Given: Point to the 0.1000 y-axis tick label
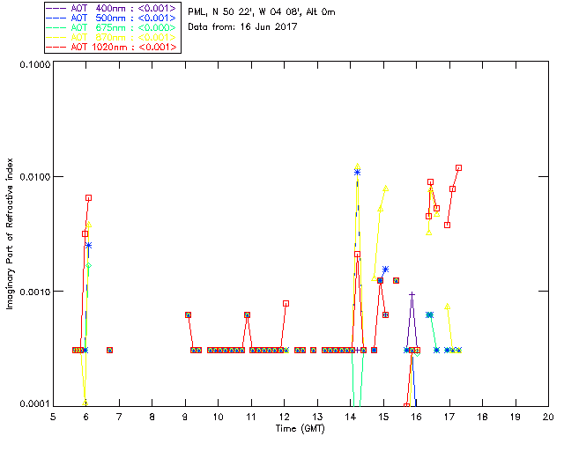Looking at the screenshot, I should pos(34,65).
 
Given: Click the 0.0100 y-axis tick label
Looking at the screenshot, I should pos(34,177).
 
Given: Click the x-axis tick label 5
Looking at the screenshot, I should pos(53,417).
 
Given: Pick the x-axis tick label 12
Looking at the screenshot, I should pos(284,417).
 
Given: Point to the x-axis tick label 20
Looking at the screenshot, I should pos(548,417).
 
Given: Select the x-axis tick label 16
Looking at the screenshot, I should pos(416,417).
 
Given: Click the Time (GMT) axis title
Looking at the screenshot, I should pos(300,428).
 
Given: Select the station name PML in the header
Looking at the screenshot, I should pos(197,12).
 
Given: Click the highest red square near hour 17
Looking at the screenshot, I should pos(458,167).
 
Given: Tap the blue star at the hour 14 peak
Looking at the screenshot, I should pos(357,173).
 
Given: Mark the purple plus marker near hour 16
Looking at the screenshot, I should pos(412,294).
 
